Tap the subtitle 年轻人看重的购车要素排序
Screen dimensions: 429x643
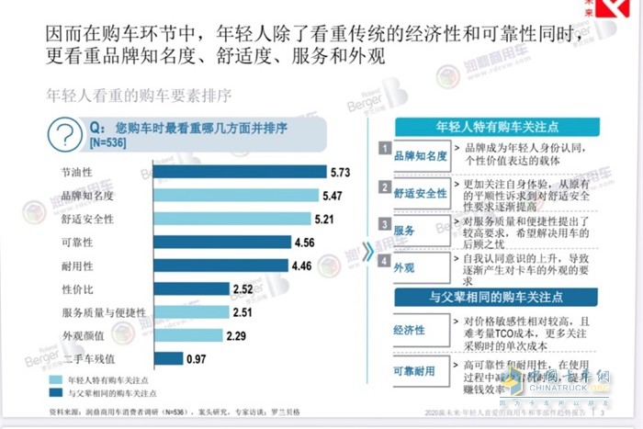(x=138, y=95)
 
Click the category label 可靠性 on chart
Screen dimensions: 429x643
(x=76, y=243)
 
